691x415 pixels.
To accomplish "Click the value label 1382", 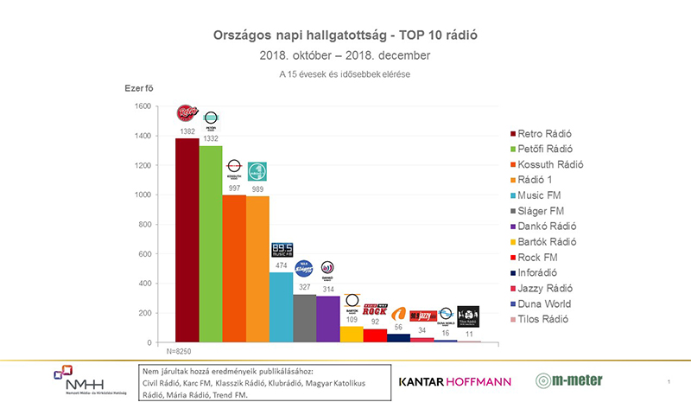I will click(x=187, y=131).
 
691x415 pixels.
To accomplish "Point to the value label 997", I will click(x=234, y=188).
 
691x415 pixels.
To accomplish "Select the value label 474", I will click(x=282, y=265).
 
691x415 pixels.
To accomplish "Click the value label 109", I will click(x=352, y=319).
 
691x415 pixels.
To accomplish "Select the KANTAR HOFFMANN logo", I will click(x=454, y=381).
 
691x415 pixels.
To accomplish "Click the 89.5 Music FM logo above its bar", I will click(x=282, y=251).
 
